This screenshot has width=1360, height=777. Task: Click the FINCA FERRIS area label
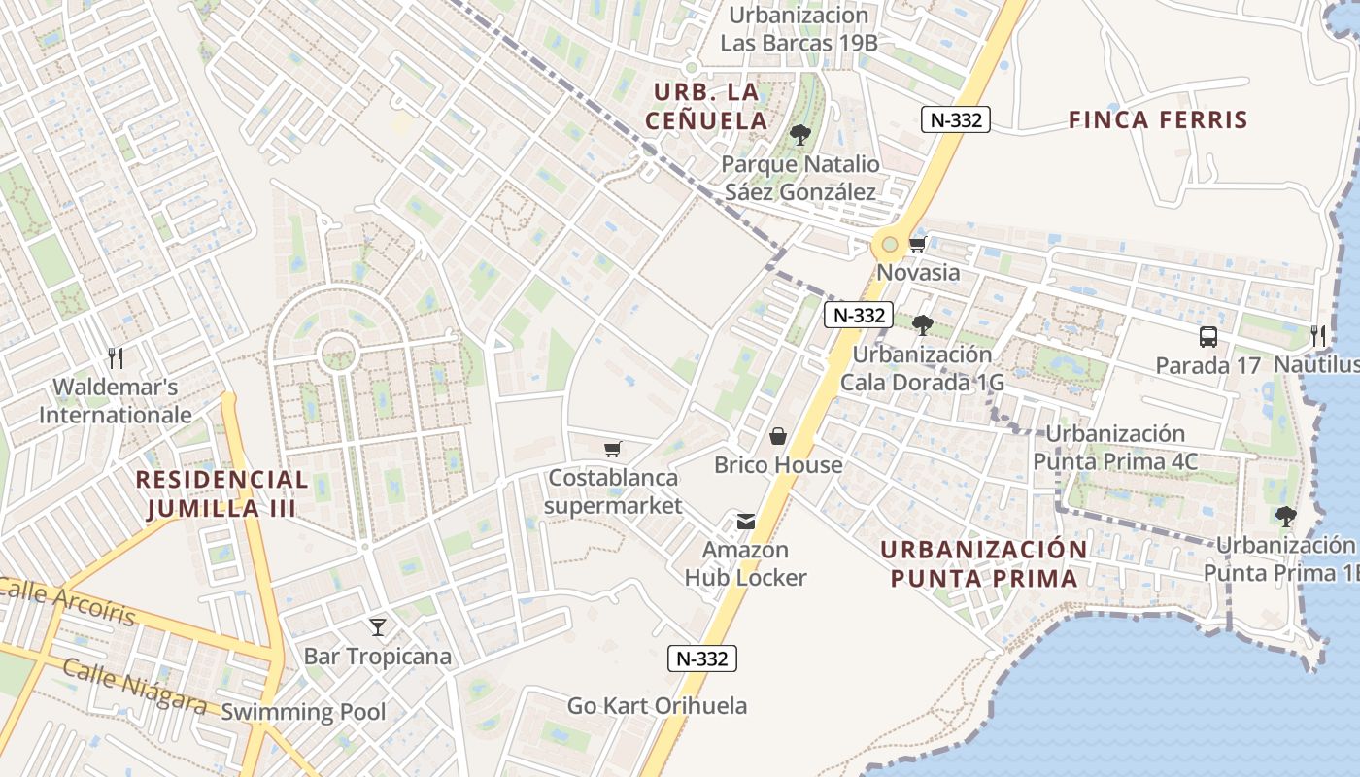(x=1157, y=120)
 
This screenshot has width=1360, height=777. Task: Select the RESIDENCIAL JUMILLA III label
(x=221, y=493)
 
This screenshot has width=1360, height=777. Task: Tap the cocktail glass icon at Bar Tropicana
(x=378, y=627)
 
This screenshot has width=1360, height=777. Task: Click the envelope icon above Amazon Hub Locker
(x=745, y=522)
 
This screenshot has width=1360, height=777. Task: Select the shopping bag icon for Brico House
(x=778, y=437)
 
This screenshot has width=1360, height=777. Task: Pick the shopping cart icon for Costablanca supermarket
(x=612, y=449)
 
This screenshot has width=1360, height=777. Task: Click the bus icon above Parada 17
(x=1207, y=337)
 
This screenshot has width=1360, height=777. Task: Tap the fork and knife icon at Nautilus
(x=1318, y=336)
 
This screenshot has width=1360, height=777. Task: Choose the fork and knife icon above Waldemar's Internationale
(x=116, y=358)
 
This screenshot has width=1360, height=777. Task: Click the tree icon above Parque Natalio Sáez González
(x=800, y=135)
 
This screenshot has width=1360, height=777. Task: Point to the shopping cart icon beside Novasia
(x=917, y=244)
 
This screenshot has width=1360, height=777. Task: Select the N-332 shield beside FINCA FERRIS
(x=955, y=119)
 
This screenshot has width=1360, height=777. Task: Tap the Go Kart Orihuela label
(x=658, y=706)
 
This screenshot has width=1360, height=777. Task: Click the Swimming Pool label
(x=303, y=712)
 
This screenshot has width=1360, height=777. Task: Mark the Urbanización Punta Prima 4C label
(x=1115, y=448)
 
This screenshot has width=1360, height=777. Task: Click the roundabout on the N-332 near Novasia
(x=889, y=244)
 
